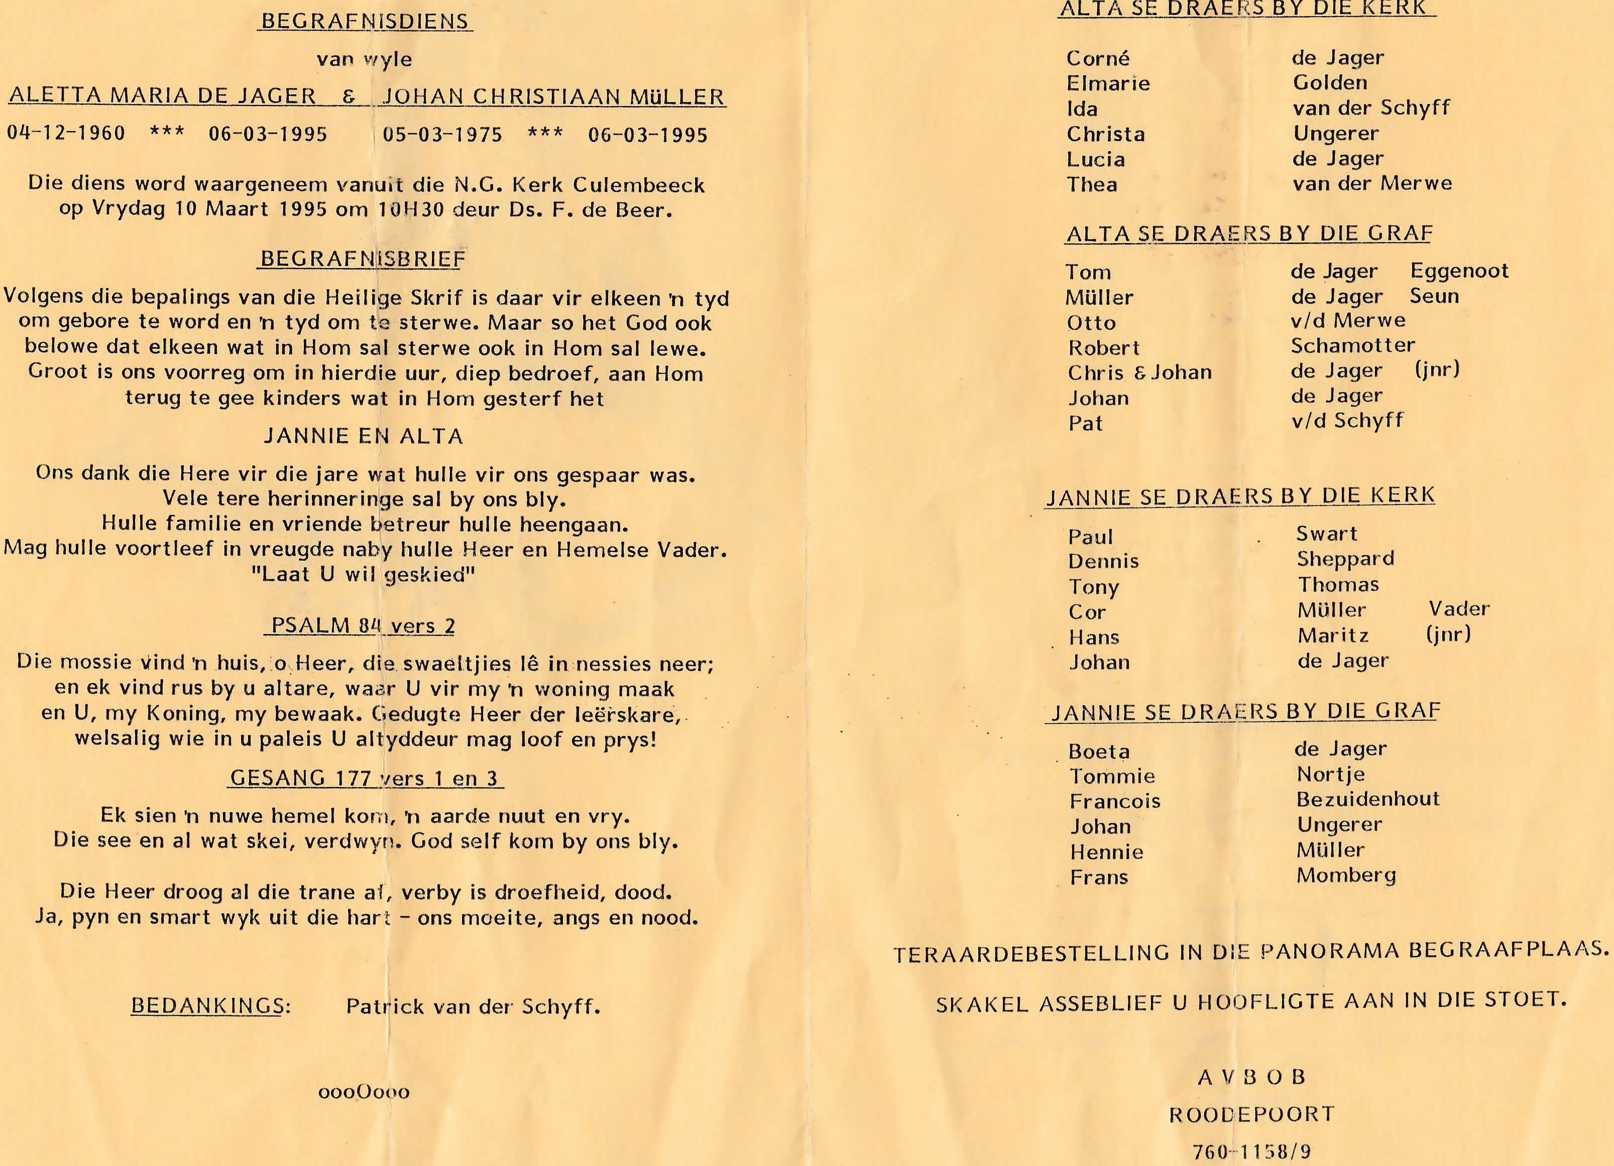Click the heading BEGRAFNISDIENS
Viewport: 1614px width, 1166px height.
[x=365, y=22]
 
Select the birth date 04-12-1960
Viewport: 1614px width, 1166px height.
[x=66, y=134]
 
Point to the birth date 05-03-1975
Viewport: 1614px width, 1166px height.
[x=442, y=135]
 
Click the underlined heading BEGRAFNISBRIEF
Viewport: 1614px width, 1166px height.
[x=362, y=259]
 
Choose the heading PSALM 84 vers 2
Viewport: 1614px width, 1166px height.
[x=362, y=626]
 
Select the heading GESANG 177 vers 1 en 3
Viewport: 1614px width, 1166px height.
[x=365, y=779]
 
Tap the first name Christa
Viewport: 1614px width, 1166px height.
[x=1105, y=135]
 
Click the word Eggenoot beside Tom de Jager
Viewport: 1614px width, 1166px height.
[x=1459, y=271]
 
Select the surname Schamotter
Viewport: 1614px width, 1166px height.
[x=1353, y=346]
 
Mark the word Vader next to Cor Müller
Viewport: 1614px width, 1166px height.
[x=1459, y=609]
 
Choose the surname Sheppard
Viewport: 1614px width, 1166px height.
[x=1345, y=559]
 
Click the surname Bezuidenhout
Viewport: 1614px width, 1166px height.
[x=1367, y=799]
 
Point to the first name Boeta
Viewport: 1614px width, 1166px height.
[x=1099, y=752]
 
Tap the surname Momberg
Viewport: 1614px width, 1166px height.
[x=1346, y=875]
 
